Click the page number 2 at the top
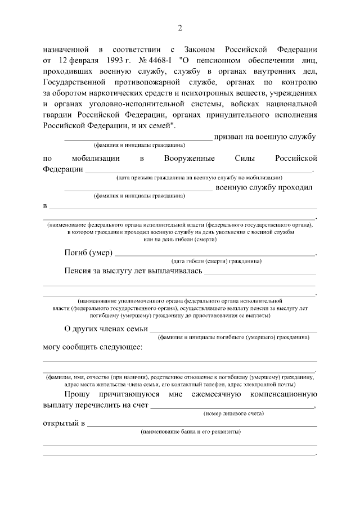[180, 28]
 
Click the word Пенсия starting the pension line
[79, 271]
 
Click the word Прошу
[78, 394]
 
